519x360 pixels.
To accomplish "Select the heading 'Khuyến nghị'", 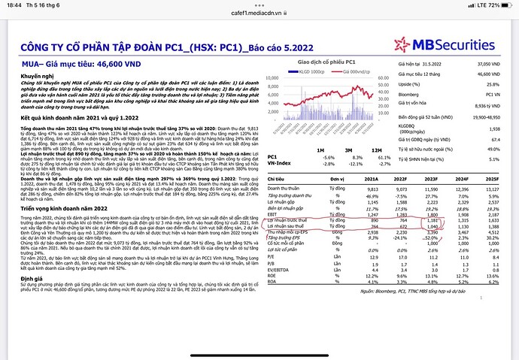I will tap(37, 76).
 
